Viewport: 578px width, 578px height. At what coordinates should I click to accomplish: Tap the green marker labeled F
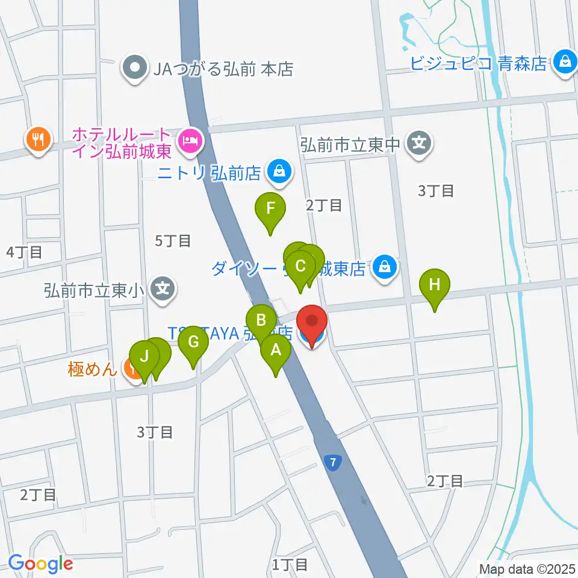pyautogui.click(x=270, y=211)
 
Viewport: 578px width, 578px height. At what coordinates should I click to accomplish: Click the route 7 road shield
pyautogui.click(x=332, y=462)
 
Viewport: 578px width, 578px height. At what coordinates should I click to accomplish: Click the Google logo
pyautogui.click(x=40, y=564)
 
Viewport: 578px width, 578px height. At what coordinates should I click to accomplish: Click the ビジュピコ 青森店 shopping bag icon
pyautogui.click(x=565, y=61)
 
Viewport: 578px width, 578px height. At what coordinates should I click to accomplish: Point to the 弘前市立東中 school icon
pyautogui.click(x=419, y=143)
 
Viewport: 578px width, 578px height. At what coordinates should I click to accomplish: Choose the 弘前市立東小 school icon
pyautogui.click(x=163, y=288)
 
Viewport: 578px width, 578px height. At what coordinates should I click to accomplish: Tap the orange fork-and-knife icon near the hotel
pyautogui.click(x=38, y=140)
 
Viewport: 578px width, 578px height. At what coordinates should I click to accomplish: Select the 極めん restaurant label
pyautogui.click(x=92, y=368)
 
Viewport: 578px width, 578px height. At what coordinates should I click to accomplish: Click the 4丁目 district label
pyautogui.click(x=24, y=252)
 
